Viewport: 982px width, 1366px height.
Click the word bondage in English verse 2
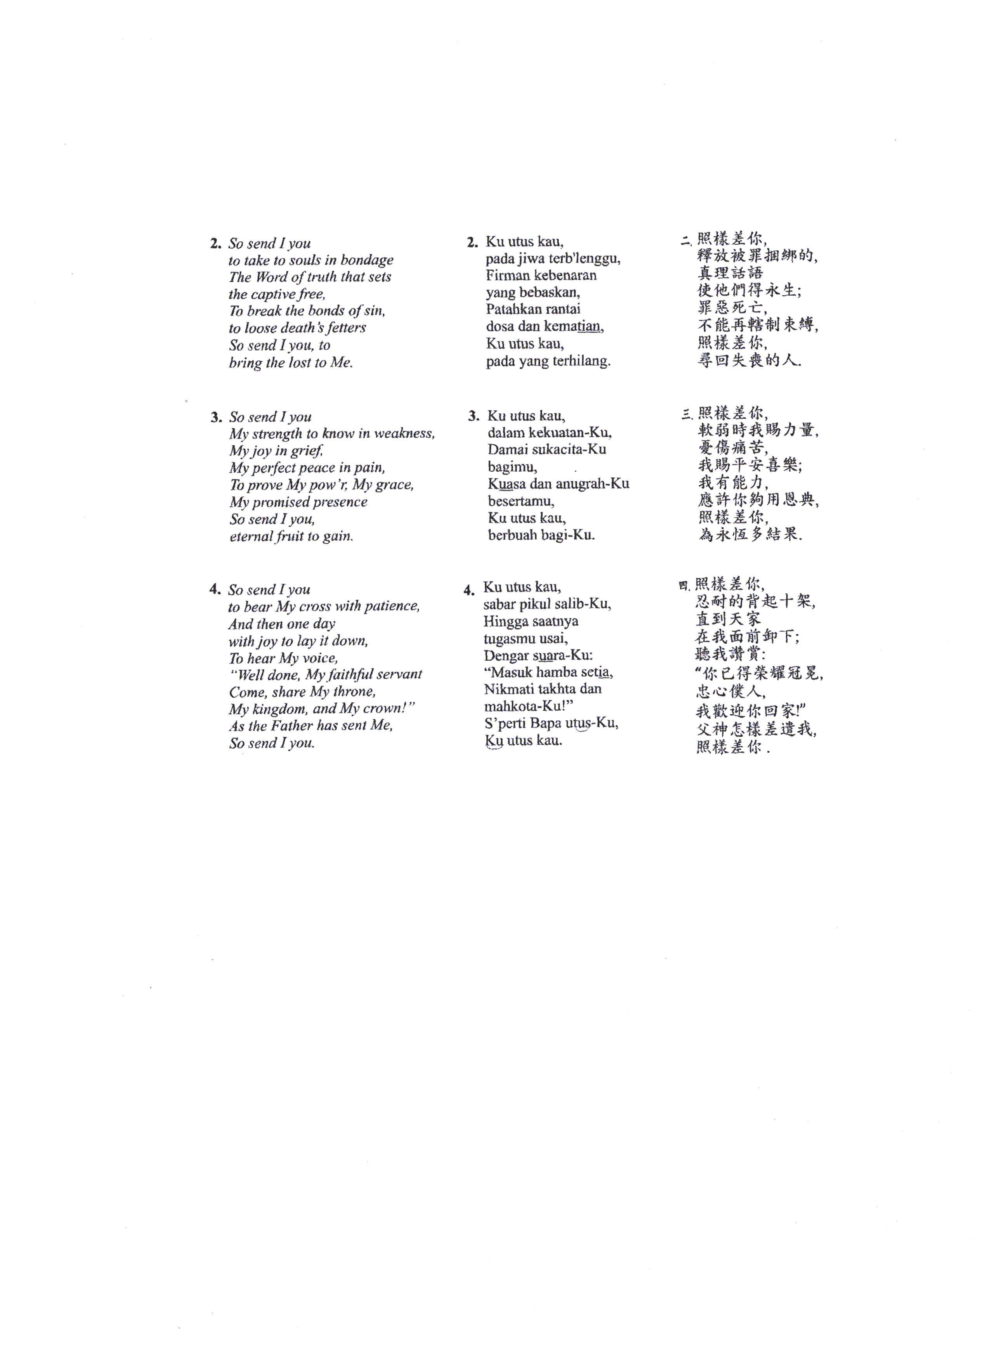[x=366, y=260]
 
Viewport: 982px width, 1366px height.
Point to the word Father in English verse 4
[x=291, y=726]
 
